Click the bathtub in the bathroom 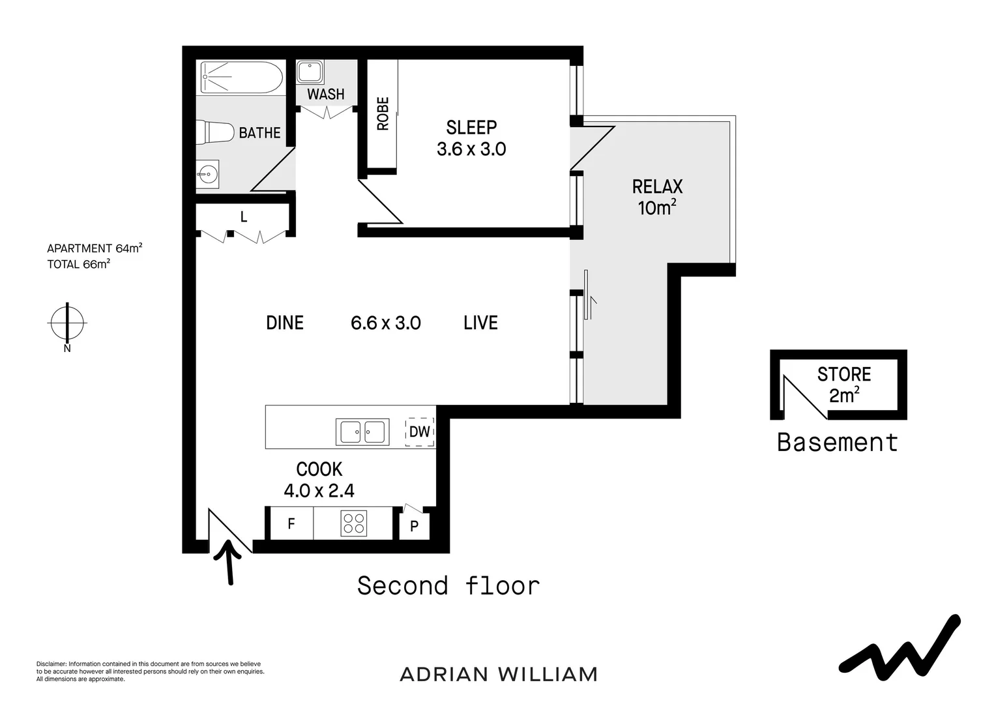click(241, 78)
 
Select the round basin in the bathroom click(208, 174)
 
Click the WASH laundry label click(325, 95)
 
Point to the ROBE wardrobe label click(383, 113)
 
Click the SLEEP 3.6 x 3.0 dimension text click(471, 149)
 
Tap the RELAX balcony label click(657, 187)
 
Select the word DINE click(285, 323)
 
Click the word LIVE click(480, 323)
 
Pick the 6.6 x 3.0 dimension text click(386, 323)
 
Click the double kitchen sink click(362, 432)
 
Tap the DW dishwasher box click(420, 432)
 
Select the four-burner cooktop click(354, 523)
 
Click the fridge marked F click(291, 523)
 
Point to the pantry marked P click(414, 525)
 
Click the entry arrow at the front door click(230, 561)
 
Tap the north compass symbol click(67, 323)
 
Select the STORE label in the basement click(844, 374)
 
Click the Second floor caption click(448, 586)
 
